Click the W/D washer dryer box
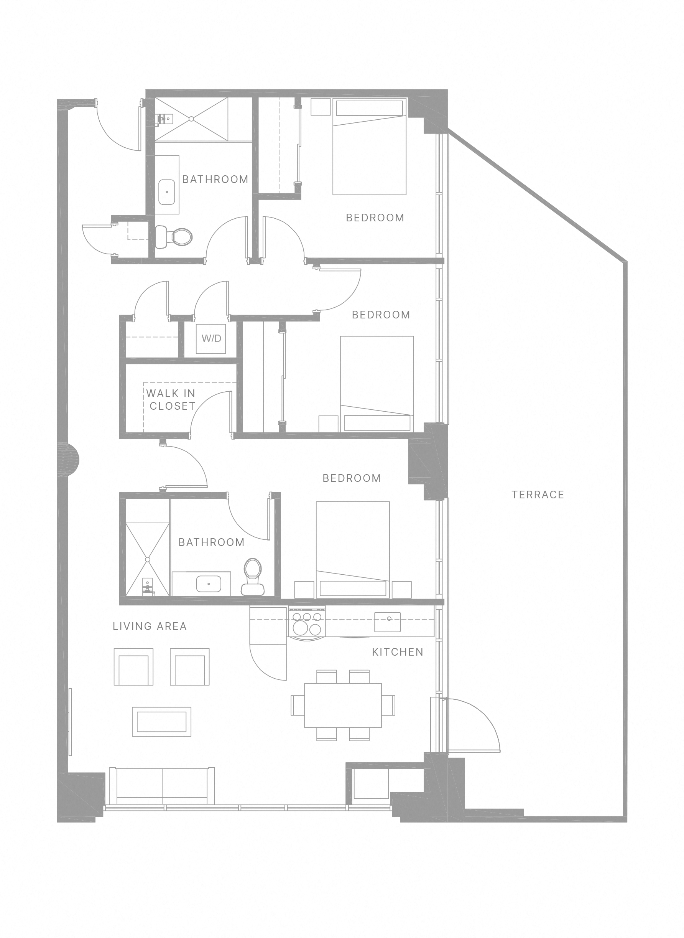pos(211,338)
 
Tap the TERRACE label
pos(538,495)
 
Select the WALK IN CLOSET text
pos(171,399)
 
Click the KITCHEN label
pos(398,652)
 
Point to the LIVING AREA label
pos(150,626)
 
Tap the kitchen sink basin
pos(388,621)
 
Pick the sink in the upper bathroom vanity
pos(167,192)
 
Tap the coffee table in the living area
pos(161,722)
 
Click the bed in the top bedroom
pos(369,146)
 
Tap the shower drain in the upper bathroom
pos(191,119)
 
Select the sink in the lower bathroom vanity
pos(208,584)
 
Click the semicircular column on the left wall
pos(71,460)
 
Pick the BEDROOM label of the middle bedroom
pos(380,315)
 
